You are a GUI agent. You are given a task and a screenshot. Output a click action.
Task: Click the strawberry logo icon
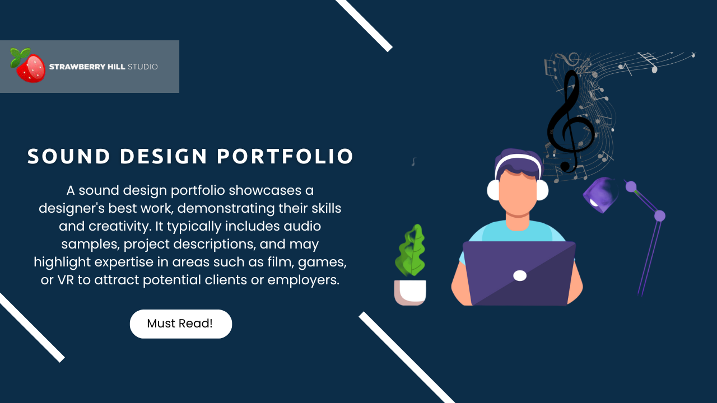point(28,66)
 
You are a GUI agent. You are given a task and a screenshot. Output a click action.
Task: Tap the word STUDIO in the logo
point(142,67)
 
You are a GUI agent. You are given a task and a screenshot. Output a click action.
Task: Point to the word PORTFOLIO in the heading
point(285,157)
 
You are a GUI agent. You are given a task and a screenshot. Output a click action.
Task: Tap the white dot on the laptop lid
point(520,275)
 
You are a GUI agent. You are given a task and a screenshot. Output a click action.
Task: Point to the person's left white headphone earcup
point(493,190)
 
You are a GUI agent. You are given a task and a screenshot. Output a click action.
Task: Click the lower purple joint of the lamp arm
point(660,215)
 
